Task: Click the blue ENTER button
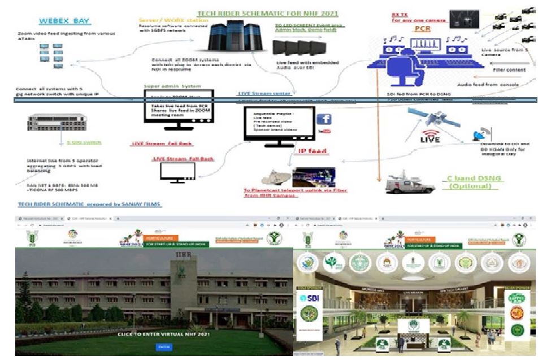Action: [163, 346]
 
